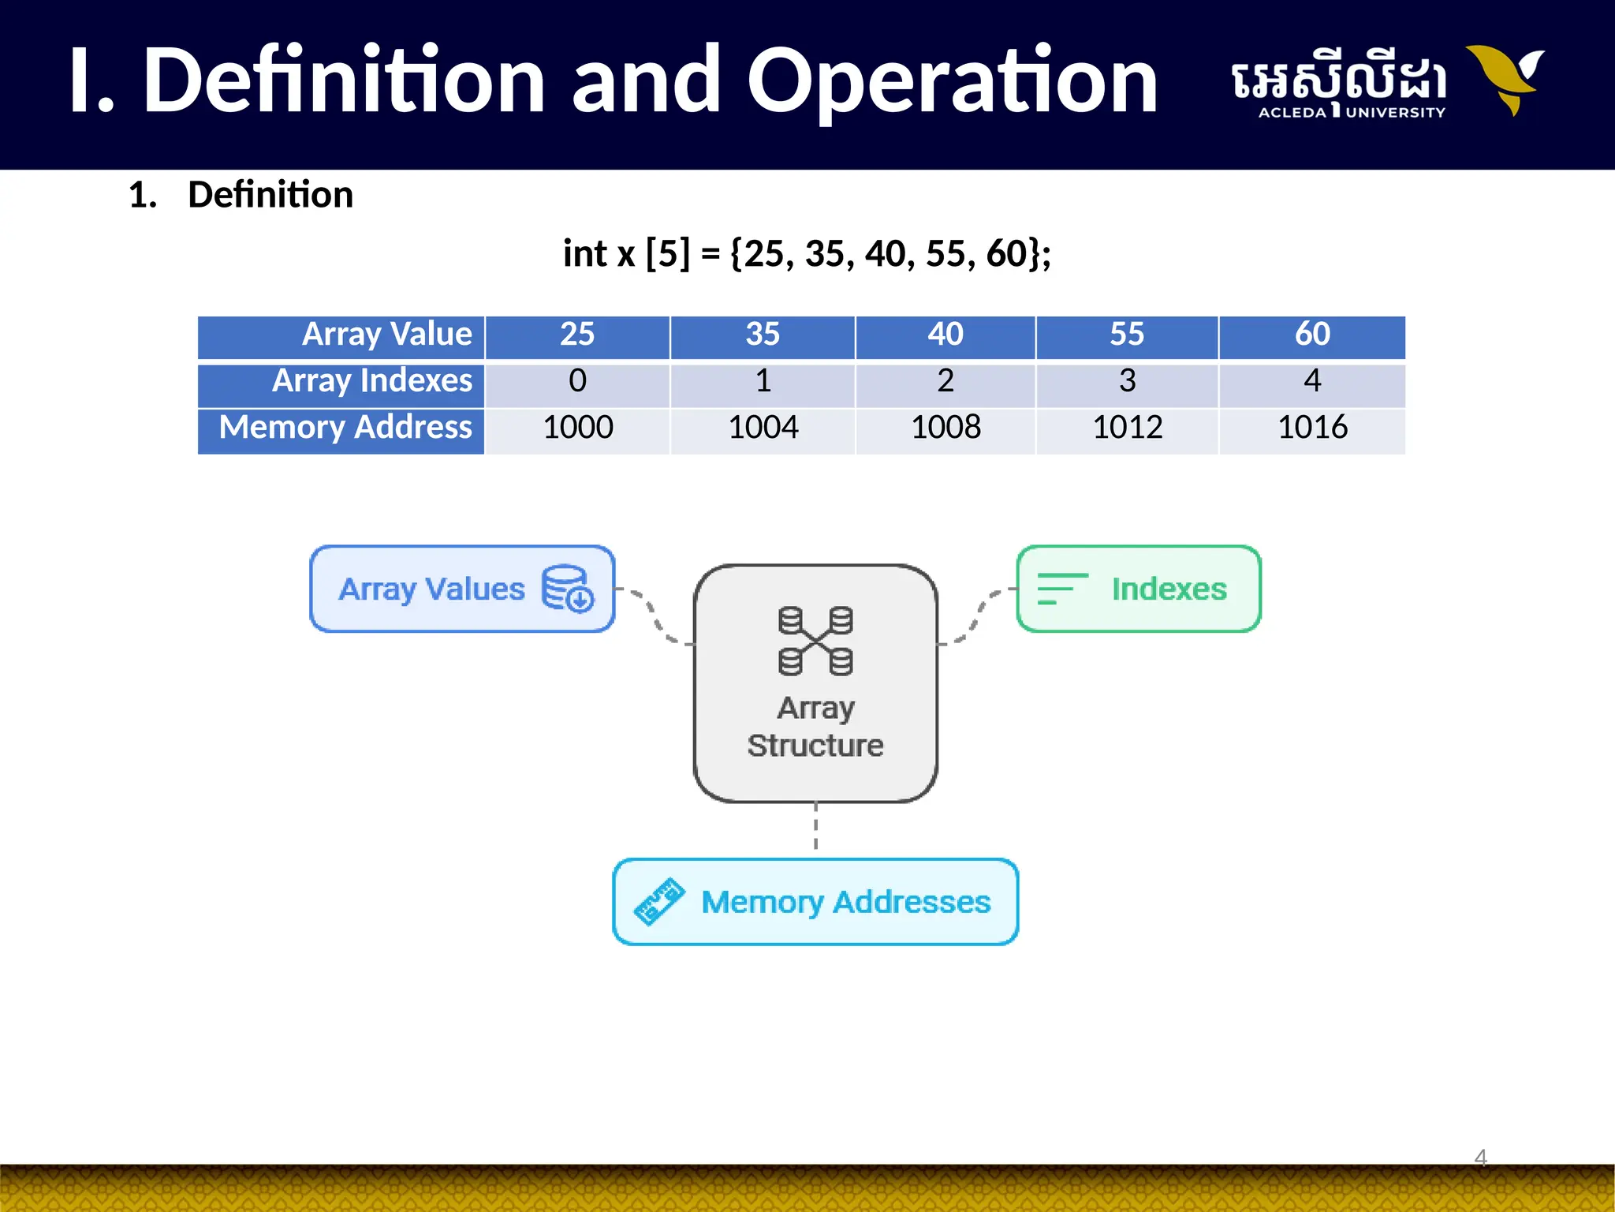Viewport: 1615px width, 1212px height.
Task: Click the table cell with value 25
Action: [x=577, y=335]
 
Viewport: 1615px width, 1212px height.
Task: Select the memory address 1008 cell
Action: [x=946, y=428]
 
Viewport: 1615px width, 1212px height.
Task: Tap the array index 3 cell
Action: [x=1127, y=382]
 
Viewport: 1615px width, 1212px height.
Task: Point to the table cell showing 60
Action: [x=1312, y=335]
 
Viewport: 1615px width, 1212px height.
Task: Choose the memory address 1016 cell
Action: [x=1312, y=428]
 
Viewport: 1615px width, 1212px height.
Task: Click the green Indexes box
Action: [x=1139, y=589]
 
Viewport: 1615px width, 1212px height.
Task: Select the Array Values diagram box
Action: [x=462, y=589]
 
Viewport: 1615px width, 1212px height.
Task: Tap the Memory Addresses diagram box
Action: [x=815, y=902]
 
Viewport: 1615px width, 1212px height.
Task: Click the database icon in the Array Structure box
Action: [x=815, y=641]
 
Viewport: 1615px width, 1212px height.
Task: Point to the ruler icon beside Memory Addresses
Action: [x=659, y=901]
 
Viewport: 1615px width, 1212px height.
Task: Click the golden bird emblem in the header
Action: [x=1506, y=79]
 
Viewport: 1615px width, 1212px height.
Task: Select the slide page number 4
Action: [x=1480, y=1158]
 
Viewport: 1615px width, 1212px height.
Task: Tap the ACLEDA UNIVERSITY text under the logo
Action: [x=1352, y=113]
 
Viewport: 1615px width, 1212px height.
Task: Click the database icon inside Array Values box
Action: [x=567, y=589]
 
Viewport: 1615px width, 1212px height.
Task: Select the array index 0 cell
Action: [x=577, y=382]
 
